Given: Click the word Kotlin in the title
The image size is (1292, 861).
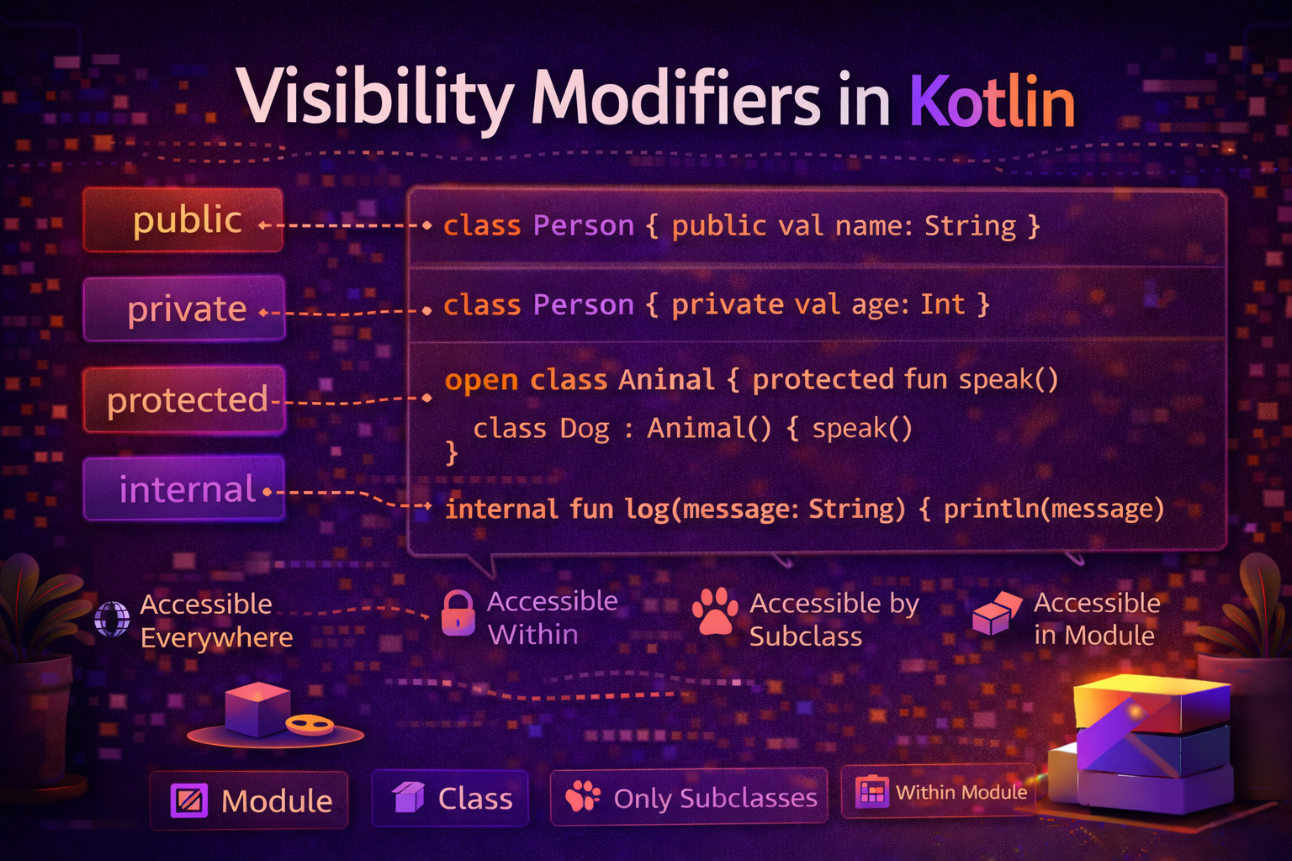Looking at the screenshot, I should point(993,101).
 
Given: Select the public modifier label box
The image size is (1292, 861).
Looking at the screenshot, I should point(183,220).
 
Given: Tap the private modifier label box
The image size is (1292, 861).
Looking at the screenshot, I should point(184,309).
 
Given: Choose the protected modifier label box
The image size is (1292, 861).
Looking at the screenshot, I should point(184,399).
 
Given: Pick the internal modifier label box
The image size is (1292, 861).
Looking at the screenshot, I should point(184,489).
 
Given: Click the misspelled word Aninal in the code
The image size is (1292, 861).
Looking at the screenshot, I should point(666,380).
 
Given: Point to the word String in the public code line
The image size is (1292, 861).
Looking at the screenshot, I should point(970,225).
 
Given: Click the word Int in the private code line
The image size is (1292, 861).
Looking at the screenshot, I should point(942,304).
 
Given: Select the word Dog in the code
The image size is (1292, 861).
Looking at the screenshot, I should point(584,429).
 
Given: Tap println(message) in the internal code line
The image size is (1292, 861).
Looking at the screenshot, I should point(1053,509).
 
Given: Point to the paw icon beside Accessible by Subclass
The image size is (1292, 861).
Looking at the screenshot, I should point(715,611).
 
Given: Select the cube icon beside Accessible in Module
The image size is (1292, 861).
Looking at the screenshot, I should point(996,613).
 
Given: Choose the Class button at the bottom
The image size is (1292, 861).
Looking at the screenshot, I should point(452,798).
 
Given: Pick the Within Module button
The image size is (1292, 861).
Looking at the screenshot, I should point(939,792).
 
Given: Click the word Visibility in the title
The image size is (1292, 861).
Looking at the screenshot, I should point(374,99).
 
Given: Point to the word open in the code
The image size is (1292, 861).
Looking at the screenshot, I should point(481,380).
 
